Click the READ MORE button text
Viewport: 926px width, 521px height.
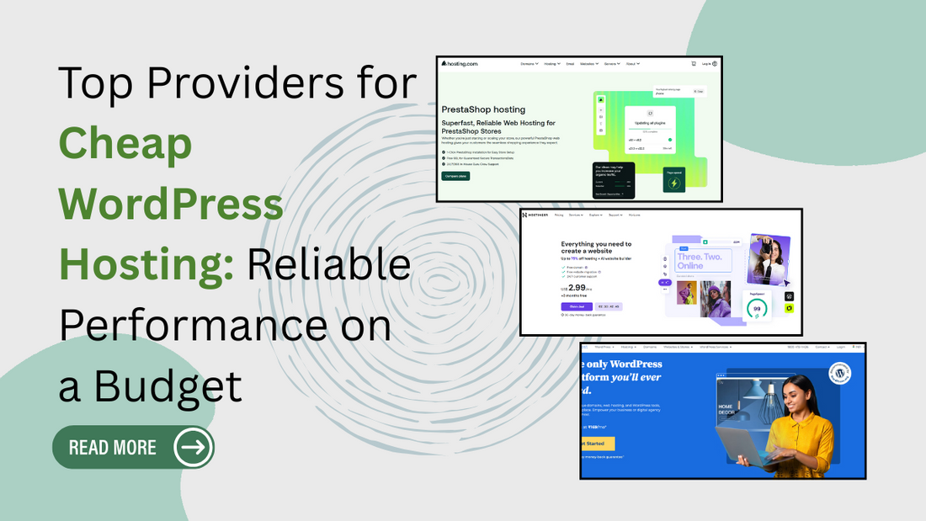(113, 447)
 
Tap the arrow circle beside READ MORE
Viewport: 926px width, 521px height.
(193, 447)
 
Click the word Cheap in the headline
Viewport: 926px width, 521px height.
(125, 144)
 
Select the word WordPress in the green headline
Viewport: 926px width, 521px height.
(171, 203)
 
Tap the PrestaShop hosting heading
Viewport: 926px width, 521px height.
(483, 109)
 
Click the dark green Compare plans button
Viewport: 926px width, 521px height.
(455, 176)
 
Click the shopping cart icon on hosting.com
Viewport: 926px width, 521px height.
(694, 63)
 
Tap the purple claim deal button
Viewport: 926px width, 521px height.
(577, 306)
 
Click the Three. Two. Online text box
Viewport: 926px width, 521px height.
(701, 261)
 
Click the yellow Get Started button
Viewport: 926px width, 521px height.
(598, 444)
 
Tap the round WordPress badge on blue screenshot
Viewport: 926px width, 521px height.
(839, 373)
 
